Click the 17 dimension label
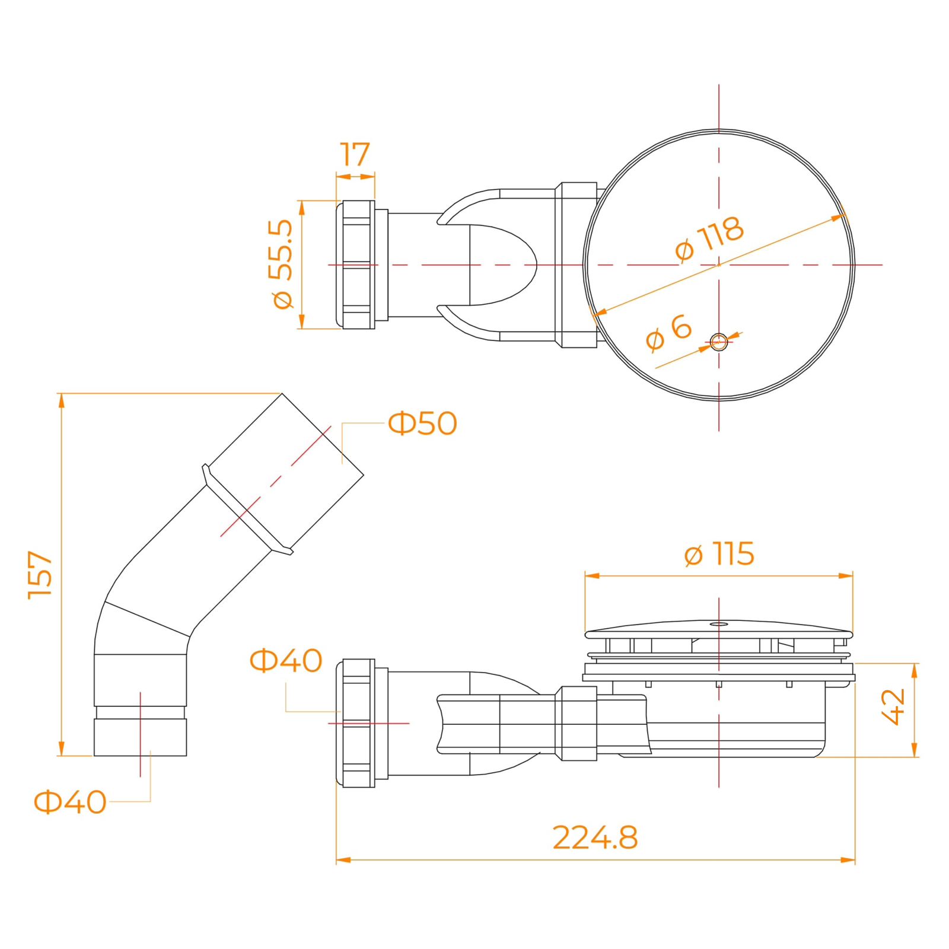coord(355,155)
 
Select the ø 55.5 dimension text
coord(281,264)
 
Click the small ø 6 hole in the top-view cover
coord(719,342)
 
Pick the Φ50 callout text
coord(422,423)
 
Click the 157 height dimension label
coord(41,575)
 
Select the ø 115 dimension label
coord(719,554)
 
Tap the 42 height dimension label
coord(894,707)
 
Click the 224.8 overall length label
coord(595,837)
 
